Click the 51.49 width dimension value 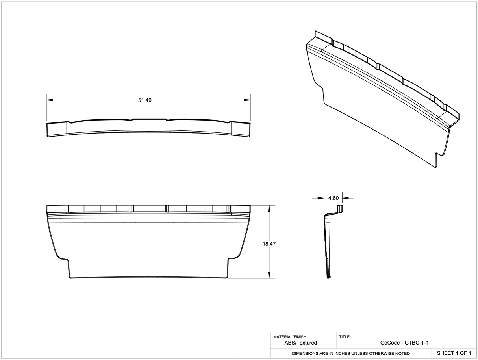click(145, 100)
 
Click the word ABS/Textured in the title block click(300, 343)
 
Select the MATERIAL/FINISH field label click(289, 337)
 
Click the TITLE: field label click(345, 337)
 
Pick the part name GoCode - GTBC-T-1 click(404, 343)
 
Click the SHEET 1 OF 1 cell click(454, 353)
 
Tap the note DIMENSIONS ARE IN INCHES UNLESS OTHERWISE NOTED click(350, 353)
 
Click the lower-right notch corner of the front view click(228, 260)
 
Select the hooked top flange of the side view click(339, 209)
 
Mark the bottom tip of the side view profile click(328, 278)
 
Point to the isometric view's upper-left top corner click(315, 32)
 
